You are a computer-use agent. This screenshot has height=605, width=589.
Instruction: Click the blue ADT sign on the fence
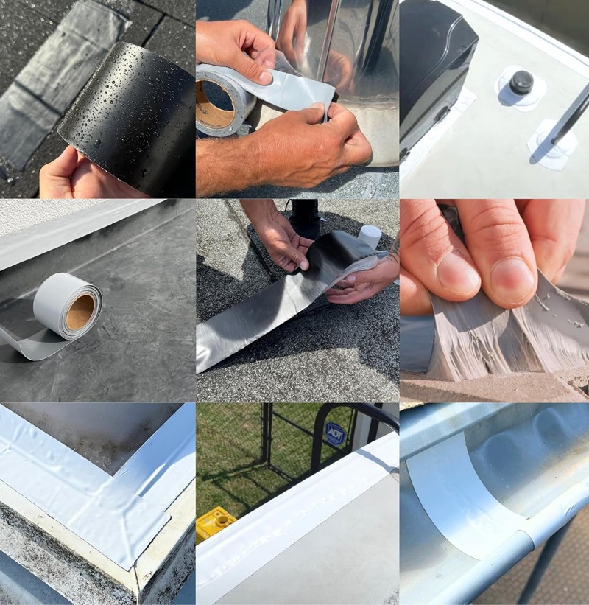click(x=334, y=433)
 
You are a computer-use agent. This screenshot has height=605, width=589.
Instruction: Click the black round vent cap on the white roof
click(x=521, y=83)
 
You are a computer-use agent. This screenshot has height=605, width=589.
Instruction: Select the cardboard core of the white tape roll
click(x=80, y=311)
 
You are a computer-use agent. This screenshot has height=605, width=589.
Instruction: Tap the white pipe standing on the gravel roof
click(x=370, y=235)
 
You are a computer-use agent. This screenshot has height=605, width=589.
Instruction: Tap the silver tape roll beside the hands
click(x=224, y=100)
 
